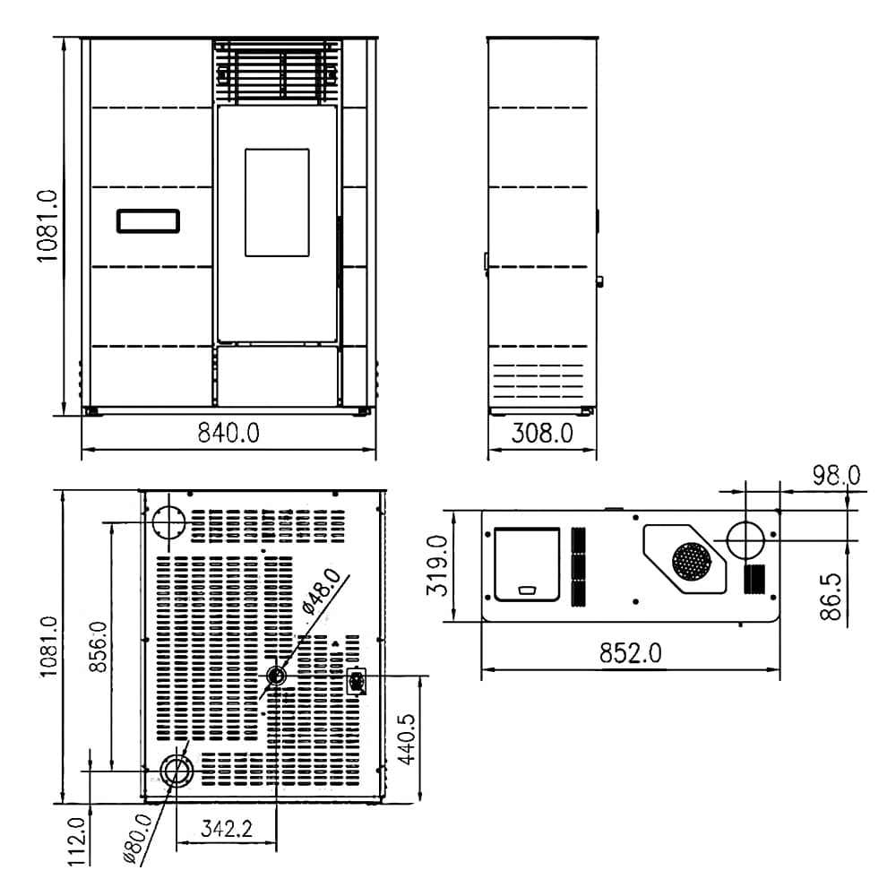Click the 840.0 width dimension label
point(228,433)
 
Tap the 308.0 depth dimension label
point(542,433)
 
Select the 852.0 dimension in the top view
point(630,652)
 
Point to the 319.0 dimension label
point(438,565)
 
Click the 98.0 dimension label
point(837,476)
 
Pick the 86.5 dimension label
point(831,597)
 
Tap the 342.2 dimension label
point(227,829)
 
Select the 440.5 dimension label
point(407,739)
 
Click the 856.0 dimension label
point(99,647)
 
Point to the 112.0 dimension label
point(76,841)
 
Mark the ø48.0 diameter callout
point(322,590)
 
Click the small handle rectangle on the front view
point(148,221)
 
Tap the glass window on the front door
point(277,202)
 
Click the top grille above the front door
point(277,72)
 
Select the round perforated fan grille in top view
point(692,561)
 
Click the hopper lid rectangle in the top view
point(527,564)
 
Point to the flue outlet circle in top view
point(745,540)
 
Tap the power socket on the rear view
point(357,681)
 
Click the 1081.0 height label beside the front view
point(47,227)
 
